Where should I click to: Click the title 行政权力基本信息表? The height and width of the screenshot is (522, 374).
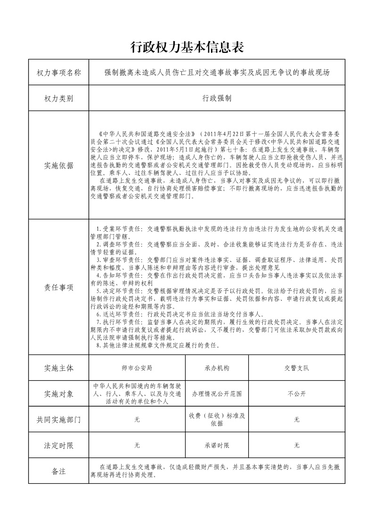coord(187,47)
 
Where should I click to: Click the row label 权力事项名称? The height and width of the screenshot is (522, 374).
coord(59,73)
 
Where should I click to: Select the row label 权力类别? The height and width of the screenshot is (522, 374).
coord(59,98)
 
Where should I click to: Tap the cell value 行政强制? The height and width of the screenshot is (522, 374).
coord(217,98)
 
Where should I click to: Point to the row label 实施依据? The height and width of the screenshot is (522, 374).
coord(59,165)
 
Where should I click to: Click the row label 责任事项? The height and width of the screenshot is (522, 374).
coord(59,287)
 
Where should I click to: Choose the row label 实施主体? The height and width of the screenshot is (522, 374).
coord(59,368)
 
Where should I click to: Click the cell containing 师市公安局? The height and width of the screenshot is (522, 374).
coord(137,368)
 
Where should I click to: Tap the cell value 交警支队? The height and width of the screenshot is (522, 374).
coord(296,368)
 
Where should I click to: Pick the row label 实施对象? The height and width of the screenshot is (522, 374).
coord(59,393)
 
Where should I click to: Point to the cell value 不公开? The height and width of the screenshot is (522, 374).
coord(296,393)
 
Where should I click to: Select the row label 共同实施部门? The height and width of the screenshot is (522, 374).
coord(59,419)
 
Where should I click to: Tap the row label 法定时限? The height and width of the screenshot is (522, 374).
coord(59,445)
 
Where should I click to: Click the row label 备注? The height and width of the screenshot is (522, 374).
coord(59,471)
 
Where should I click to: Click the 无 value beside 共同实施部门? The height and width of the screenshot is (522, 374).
coord(137,419)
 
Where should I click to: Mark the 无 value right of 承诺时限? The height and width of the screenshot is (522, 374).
coord(296,445)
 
